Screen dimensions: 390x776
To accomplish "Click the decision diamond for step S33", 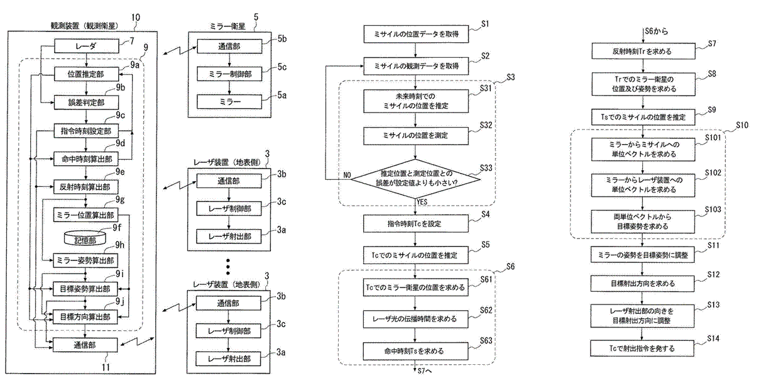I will [415, 179].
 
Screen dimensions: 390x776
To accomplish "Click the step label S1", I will [484, 25].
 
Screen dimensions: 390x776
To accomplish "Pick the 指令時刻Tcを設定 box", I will [415, 224].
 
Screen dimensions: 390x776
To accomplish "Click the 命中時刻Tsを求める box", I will [415, 350].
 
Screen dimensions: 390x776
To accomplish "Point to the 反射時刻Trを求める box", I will [642, 51].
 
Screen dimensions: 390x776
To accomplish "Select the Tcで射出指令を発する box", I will [642, 348].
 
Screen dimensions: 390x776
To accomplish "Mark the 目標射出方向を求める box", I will [642, 284].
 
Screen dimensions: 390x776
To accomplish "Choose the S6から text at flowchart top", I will [657, 30].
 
